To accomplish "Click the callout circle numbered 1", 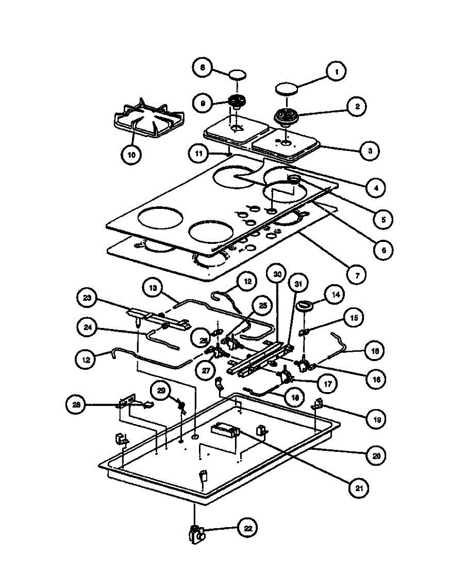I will (336, 72).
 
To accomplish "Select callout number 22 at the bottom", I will (247, 528).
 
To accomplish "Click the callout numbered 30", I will (277, 274).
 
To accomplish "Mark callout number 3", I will (370, 151).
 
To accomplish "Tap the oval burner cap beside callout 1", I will (287, 88).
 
